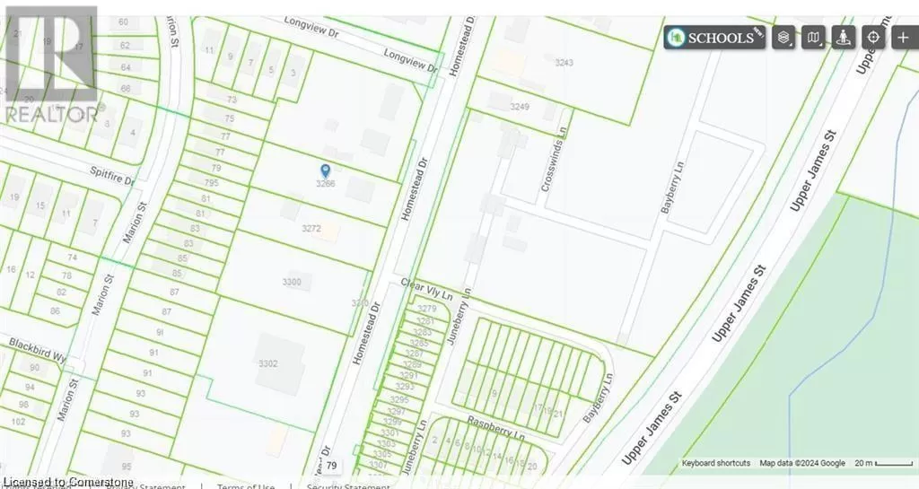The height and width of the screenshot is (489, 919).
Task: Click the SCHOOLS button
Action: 714,38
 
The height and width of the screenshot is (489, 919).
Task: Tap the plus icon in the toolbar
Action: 902,38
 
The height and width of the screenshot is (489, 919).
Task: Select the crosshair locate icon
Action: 872,38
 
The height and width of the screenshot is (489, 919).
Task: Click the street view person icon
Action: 843,38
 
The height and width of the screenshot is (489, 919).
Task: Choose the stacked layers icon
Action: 784,38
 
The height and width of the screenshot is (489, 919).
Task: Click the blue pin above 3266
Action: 325,170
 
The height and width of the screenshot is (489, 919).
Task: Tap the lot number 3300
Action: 292,282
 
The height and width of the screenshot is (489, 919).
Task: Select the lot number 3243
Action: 565,62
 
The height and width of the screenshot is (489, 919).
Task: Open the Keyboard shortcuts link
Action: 716,463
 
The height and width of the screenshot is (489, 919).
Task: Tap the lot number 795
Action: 212,183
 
